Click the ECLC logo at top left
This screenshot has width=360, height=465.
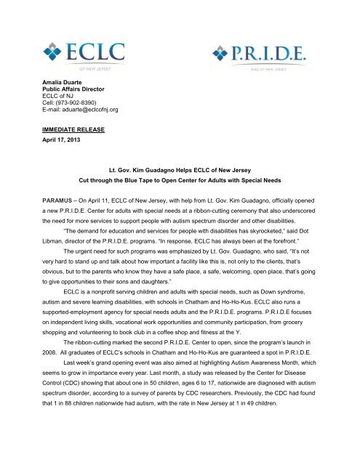pyautogui.click(x=82, y=55)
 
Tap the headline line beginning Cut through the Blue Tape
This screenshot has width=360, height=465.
pyautogui.click(x=180, y=200)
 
